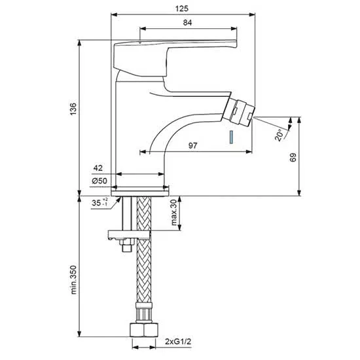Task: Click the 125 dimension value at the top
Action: click(181, 9)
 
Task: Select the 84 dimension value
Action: click(187, 22)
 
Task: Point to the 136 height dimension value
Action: click(73, 109)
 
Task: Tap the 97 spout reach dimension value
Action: click(192, 145)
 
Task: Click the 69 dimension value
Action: click(293, 157)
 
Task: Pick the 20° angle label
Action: click(278, 135)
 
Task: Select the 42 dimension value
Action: click(98, 168)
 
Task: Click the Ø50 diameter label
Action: click(99, 181)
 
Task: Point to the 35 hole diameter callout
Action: click(99, 202)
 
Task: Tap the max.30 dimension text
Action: click(174, 212)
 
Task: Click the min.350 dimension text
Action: click(73, 279)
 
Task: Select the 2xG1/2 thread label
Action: click(178, 342)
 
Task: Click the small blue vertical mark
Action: click(232, 137)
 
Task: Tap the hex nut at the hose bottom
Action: click(145, 330)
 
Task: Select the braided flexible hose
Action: click(144, 249)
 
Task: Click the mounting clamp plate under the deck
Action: click(129, 235)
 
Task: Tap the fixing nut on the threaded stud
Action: click(127, 245)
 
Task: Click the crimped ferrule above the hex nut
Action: click(144, 312)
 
